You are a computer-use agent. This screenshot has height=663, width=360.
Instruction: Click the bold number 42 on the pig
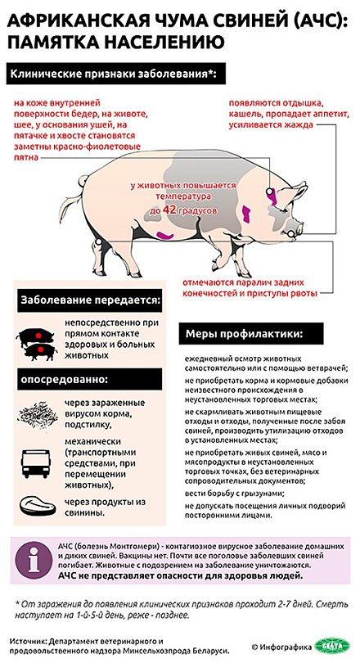tap(169, 210)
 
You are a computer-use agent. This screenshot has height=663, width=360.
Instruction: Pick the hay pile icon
tap(36, 414)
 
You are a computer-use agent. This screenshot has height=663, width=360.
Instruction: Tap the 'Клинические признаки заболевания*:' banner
tap(113, 74)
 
